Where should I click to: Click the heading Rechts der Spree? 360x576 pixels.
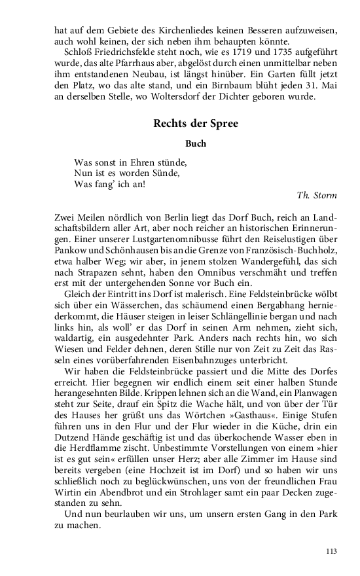[187, 124]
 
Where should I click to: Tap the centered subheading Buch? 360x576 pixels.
[187, 143]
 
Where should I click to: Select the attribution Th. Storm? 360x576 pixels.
[317, 194]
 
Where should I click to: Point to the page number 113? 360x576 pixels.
[331, 551]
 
